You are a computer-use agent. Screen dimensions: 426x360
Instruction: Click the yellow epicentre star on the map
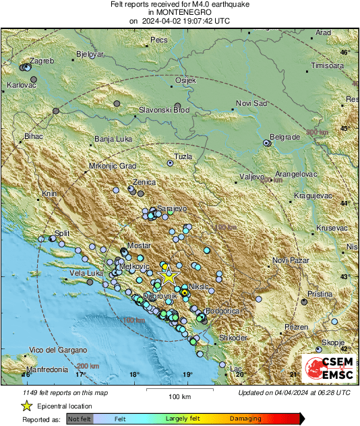click(x=169, y=276)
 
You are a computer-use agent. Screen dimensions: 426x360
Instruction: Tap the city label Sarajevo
click(x=171, y=209)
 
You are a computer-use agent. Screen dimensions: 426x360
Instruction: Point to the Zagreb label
click(x=42, y=61)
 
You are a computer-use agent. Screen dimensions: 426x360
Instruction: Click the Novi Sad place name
click(x=251, y=102)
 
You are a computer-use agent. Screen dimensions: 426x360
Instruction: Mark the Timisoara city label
click(x=328, y=65)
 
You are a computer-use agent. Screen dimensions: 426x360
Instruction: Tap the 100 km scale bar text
click(x=181, y=396)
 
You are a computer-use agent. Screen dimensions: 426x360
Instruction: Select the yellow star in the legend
click(x=26, y=406)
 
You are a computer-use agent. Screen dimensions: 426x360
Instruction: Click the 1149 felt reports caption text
click(x=59, y=392)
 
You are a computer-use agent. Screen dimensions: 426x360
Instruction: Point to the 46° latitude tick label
click(x=345, y=52)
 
